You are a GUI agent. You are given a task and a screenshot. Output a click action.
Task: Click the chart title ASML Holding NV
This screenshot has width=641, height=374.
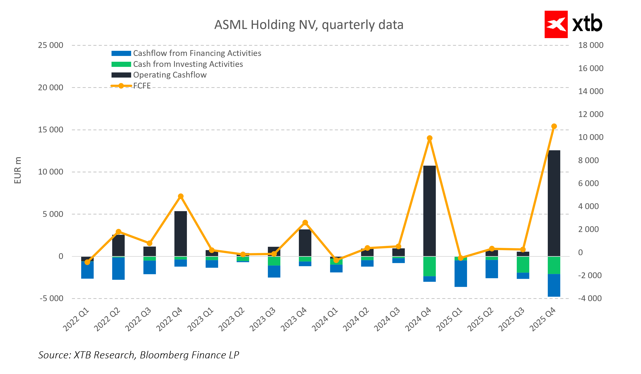click(x=308, y=25)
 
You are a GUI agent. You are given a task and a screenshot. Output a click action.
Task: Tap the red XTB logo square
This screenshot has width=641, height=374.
click(x=556, y=25)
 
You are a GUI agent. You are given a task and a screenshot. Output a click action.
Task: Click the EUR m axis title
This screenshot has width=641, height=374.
click(x=18, y=170)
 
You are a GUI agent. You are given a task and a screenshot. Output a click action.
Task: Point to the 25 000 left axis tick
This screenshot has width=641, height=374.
click(x=50, y=45)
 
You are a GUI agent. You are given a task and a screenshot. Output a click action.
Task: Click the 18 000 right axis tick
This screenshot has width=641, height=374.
click(x=590, y=45)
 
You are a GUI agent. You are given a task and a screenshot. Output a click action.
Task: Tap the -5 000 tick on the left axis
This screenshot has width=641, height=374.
click(x=51, y=298)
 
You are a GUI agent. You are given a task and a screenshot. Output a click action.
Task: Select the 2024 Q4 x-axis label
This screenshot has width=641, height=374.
click(x=418, y=319)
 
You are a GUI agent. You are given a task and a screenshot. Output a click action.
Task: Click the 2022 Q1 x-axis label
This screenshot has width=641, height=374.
click(x=76, y=319)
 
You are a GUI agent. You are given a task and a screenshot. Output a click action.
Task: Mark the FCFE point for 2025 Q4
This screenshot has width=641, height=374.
click(x=554, y=126)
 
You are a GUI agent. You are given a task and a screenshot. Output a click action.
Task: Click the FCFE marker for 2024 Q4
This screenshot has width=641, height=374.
click(x=430, y=138)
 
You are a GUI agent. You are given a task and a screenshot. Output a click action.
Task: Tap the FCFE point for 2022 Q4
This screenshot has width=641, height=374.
click(x=181, y=196)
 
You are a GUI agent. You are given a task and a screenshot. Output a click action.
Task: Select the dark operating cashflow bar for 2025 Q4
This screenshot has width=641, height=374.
click(x=554, y=203)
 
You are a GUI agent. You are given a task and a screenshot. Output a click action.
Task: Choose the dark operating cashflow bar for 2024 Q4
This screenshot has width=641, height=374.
click(x=430, y=211)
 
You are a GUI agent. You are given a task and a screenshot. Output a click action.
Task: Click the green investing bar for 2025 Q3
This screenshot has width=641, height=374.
click(x=523, y=265)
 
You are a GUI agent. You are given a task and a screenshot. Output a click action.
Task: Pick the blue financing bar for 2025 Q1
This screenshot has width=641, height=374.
click(x=461, y=273)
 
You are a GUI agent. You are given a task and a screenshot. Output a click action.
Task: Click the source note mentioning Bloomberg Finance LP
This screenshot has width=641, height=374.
click(x=139, y=355)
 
